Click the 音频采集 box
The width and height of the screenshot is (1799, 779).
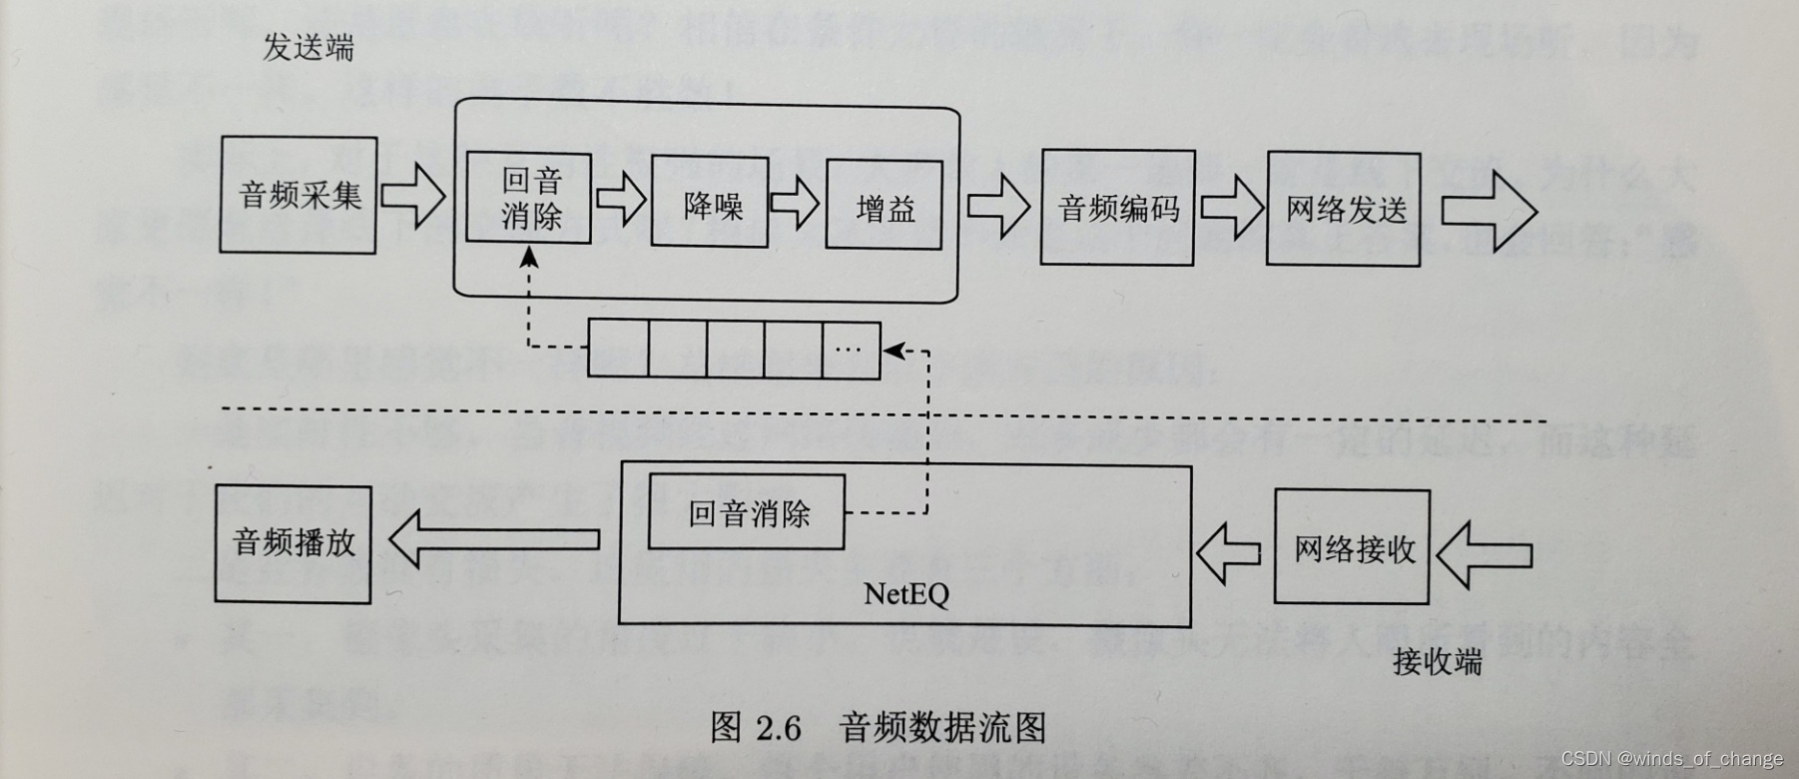(x=299, y=195)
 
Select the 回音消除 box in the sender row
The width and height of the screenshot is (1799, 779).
(x=529, y=198)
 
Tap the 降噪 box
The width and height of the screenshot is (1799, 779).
(x=710, y=203)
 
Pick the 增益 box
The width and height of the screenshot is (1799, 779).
(x=884, y=205)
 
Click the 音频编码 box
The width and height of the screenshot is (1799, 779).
(x=1117, y=208)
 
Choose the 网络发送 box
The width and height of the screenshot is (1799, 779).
(x=1344, y=209)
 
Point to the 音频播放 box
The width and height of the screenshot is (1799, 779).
(x=294, y=544)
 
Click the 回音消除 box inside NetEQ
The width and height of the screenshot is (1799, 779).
(x=747, y=513)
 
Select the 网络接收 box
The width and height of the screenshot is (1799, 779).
(x=1353, y=547)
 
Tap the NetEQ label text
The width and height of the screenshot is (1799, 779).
(x=905, y=594)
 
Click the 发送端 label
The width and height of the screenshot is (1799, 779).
(x=307, y=47)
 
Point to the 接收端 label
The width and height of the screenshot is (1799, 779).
(x=1437, y=660)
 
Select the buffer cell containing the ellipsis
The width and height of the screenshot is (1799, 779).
(x=851, y=350)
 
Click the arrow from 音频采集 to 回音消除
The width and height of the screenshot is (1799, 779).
(x=413, y=195)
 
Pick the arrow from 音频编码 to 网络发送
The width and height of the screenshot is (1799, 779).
(x=1232, y=208)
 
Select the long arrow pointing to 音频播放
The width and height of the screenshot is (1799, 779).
(x=494, y=539)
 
